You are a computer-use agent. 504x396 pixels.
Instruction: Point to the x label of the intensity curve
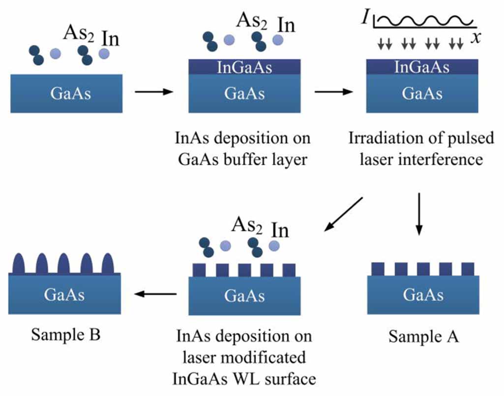coord(475,38)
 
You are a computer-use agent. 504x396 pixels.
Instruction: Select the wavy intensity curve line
coord(425,20)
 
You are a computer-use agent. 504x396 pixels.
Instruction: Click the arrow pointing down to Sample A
coord(419,213)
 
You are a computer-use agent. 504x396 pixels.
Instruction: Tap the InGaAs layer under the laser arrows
coord(422,67)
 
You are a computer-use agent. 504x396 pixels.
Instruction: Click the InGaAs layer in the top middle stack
coord(244,67)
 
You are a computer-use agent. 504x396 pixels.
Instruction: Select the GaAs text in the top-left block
coord(71,93)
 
